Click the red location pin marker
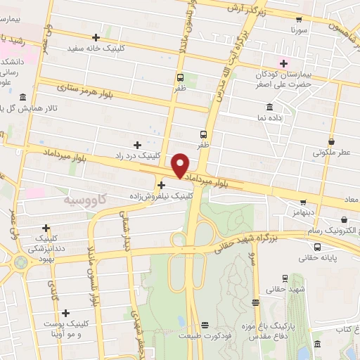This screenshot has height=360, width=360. point(181,165)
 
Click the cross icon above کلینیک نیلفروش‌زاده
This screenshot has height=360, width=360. point(162,185)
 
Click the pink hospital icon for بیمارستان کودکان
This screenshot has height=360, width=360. point(283,64)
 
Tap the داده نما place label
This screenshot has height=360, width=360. point(269,117)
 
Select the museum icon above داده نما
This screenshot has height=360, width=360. point(269,107)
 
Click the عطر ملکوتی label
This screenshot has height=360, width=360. point(333,151)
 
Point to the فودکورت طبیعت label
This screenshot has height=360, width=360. point(205,335)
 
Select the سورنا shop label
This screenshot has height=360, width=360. point(299,32)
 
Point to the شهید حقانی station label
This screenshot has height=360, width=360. point(286,289)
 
